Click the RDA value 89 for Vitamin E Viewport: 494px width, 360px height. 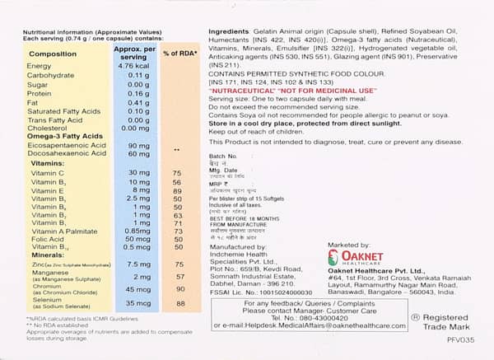[x=176, y=190]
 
